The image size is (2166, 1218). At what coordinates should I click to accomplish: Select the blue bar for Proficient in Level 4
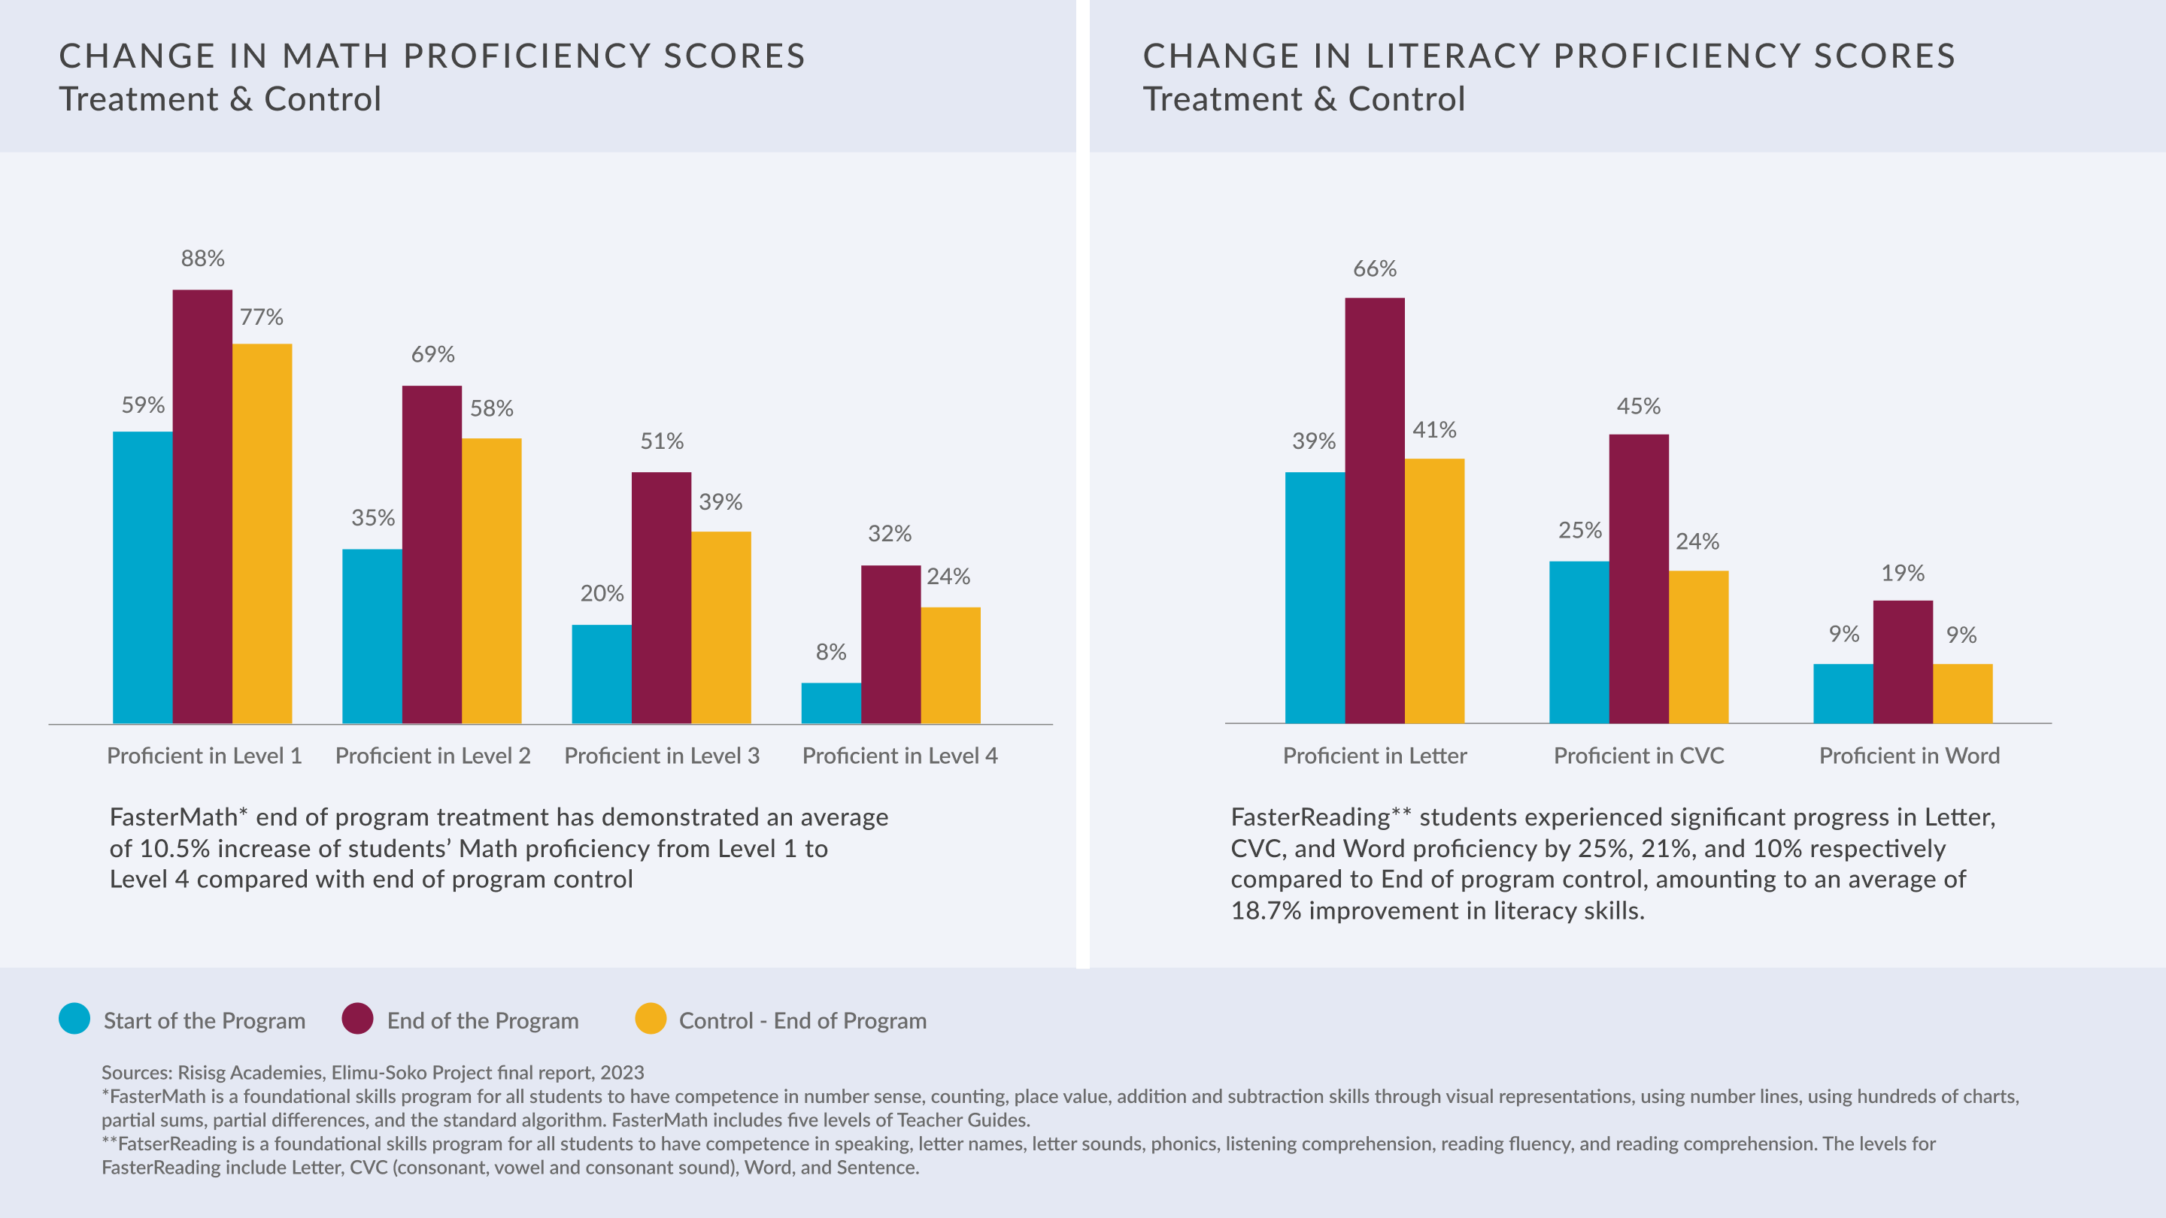point(831,703)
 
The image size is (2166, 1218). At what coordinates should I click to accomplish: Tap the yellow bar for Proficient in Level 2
point(491,580)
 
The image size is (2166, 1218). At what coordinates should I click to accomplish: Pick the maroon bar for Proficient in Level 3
point(661,597)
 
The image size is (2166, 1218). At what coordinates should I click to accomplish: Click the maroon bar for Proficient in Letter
point(1374,511)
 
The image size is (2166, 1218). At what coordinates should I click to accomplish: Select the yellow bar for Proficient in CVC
point(1697,647)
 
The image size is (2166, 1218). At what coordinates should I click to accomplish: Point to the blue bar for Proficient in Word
point(1843,693)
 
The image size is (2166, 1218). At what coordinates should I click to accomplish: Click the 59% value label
point(143,405)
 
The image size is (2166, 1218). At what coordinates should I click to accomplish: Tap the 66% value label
point(1374,269)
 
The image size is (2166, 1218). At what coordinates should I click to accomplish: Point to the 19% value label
point(1902,573)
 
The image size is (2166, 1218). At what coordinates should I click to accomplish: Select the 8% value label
point(831,653)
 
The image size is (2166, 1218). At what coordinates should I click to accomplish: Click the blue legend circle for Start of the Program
point(74,1019)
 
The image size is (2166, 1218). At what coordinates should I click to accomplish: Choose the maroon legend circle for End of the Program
point(357,1019)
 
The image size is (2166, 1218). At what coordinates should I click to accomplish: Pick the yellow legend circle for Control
point(650,1019)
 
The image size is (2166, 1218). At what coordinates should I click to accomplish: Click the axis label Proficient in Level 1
point(204,756)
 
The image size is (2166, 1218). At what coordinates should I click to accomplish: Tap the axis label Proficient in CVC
point(1638,756)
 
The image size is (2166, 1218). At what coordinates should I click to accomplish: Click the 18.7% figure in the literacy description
point(1266,911)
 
